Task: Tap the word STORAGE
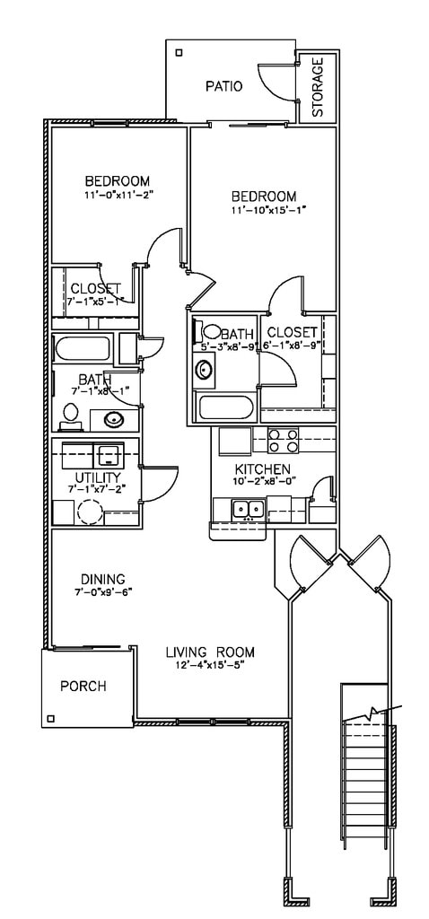tap(318, 89)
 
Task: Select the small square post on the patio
tap(178, 53)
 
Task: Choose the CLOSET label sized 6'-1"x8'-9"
tap(293, 332)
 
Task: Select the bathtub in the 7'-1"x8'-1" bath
tap(82, 348)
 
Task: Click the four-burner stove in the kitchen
tap(285, 440)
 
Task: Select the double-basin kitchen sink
tap(248, 510)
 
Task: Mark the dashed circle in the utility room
tap(90, 512)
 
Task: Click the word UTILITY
tap(96, 477)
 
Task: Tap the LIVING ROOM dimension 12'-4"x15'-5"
tap(210, 665)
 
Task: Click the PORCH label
tap(83, 687)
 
